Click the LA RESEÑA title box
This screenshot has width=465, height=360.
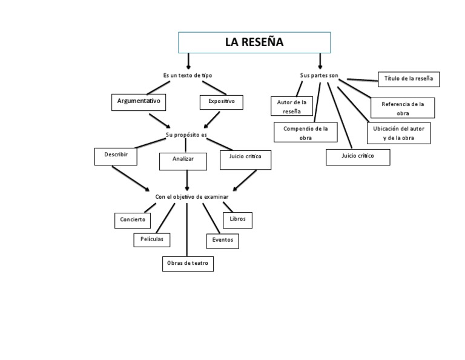[x=254, y=42]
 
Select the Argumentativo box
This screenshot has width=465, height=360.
[x=139, y=102]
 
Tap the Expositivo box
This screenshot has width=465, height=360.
[x=221, y=102]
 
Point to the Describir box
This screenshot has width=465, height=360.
[x=116, y=156]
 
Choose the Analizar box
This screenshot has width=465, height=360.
[x=183, y=161]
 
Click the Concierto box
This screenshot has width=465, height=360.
[x=133, y=220]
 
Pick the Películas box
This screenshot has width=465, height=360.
[x=151, y=239]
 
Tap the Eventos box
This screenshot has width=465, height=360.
[x=222, y=241]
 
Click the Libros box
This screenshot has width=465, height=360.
[x=237, y=219]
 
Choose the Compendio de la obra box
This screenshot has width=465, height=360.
[x=305, y=132]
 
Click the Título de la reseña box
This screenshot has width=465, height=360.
[x=409, y=79]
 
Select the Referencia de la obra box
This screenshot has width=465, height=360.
[x=402, y=108]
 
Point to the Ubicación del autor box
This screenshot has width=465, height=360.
[x=398, y=133]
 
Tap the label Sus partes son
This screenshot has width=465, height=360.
[x=319, y=76]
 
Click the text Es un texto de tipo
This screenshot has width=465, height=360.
[x=188, y=75]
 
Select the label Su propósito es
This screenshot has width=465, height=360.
[x=186, y=135]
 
